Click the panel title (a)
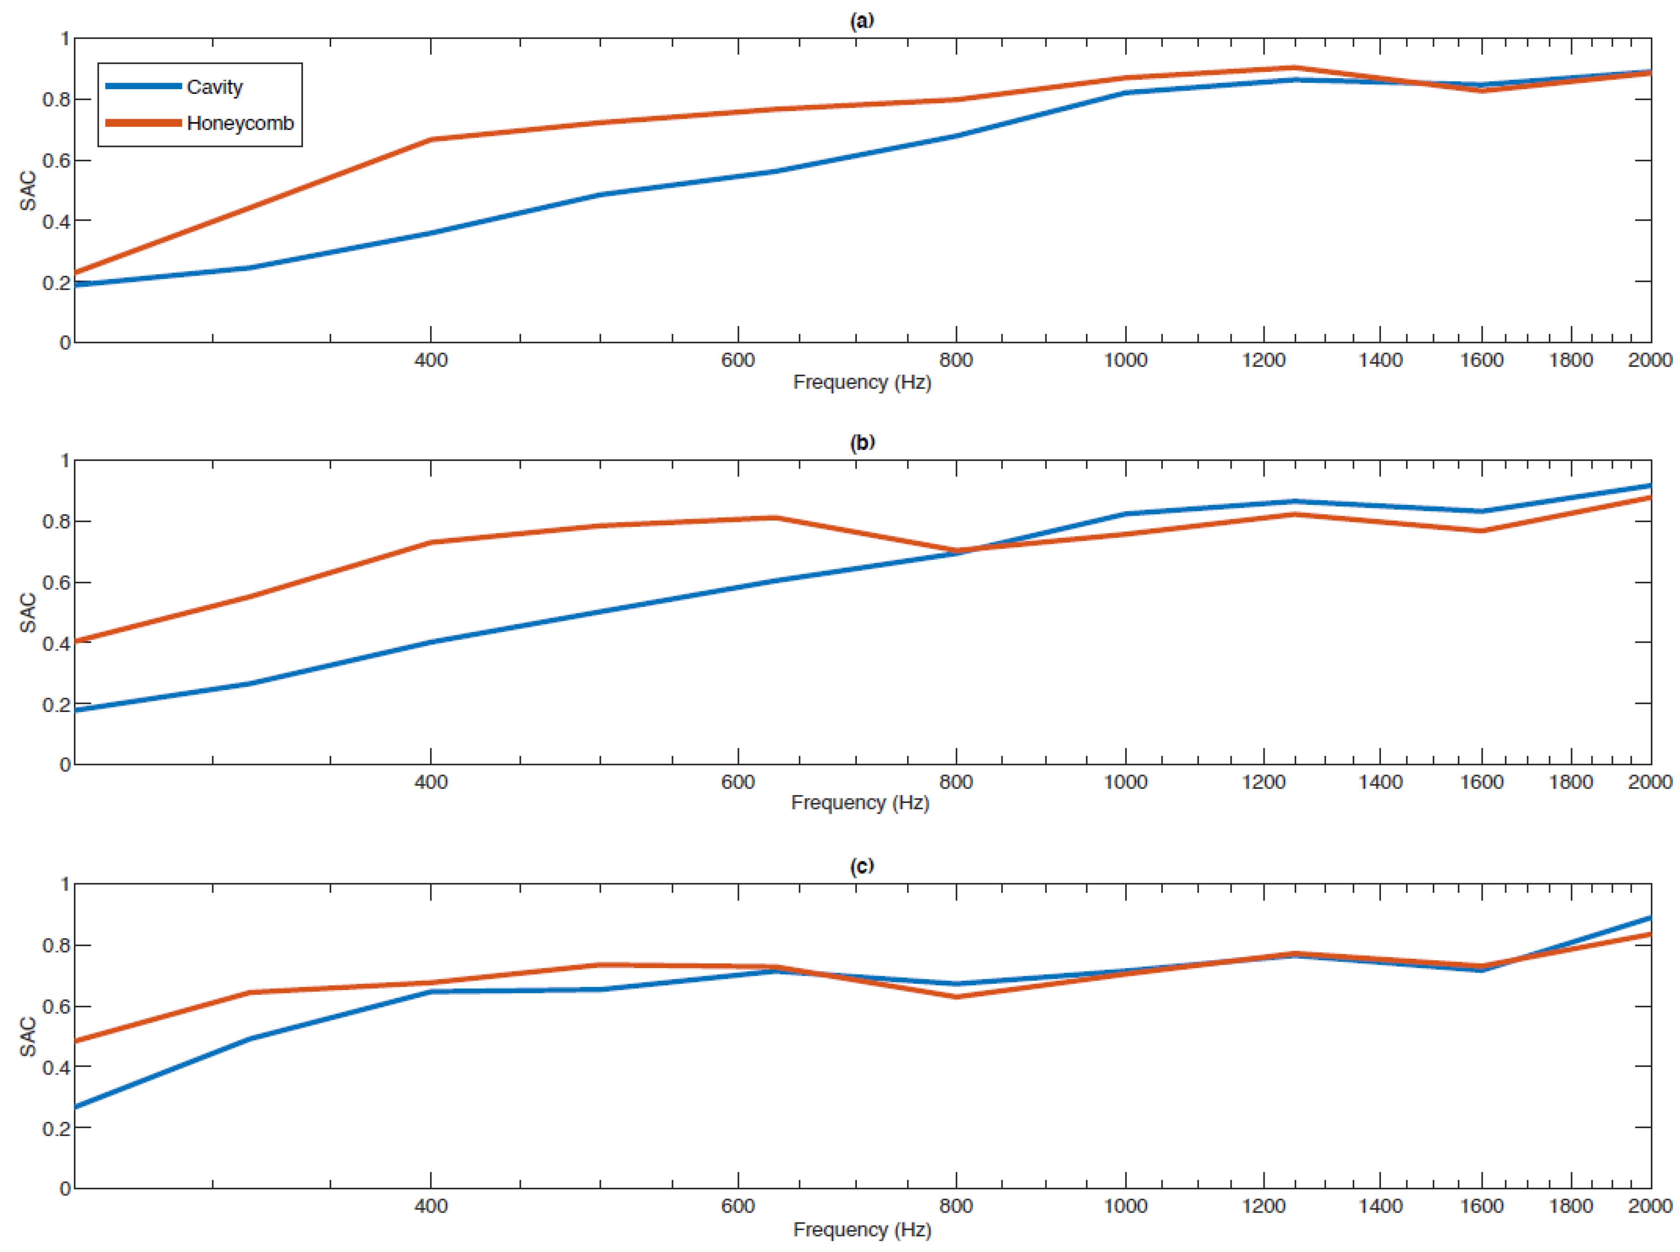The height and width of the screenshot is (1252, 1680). [862, 20]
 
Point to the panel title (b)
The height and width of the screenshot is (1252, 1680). [862, 442]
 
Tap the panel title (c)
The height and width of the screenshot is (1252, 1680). [862, 865]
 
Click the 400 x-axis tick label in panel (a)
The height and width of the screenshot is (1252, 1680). [431, 360]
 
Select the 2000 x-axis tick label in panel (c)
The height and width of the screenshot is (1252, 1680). [1650, 1206]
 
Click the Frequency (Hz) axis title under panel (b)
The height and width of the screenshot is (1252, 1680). [860, 802]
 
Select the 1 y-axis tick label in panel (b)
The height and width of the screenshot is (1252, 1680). [65, 460]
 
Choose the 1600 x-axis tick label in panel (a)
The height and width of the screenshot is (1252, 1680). [1481, 360]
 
